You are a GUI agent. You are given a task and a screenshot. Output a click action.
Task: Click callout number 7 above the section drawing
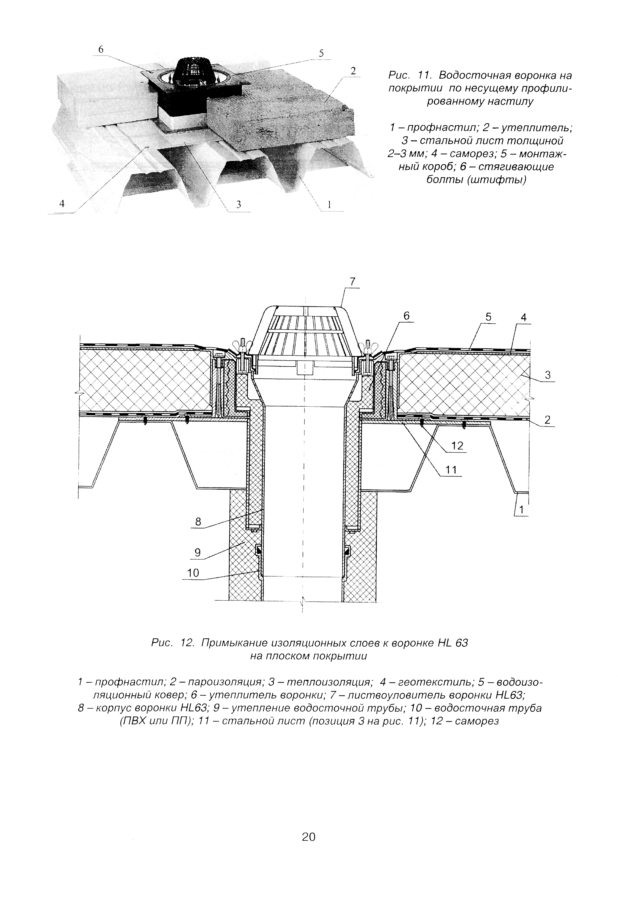352,281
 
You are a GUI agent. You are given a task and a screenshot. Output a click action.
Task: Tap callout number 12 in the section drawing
457,446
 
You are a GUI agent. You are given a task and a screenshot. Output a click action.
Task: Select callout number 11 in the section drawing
451,470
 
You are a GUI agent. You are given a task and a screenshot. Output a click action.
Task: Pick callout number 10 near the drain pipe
193,573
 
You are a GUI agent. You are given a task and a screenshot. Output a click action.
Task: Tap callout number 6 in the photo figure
101,49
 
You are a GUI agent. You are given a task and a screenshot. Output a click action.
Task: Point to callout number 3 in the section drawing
548,375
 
